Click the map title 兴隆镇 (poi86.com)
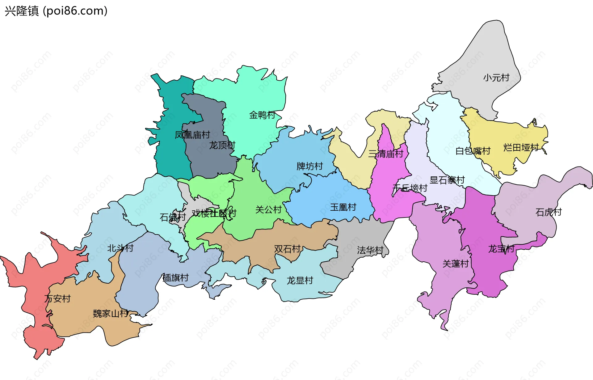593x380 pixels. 56,11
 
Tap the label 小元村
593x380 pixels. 496,78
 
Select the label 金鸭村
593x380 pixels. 262,115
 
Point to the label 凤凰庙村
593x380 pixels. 192,135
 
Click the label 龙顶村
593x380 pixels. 222,145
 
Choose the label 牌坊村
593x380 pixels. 309,166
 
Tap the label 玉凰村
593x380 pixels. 343,207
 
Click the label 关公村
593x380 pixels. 268,210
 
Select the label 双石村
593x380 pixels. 287,249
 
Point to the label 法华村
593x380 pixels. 370,250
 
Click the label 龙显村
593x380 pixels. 300,281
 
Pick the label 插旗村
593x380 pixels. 175,278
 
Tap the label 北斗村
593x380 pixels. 120,248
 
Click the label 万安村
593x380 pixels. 57,298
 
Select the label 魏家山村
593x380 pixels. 111,314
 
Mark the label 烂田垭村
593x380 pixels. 521,147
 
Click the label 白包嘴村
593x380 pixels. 473,151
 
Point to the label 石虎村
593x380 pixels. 548,212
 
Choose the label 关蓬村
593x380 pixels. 456,264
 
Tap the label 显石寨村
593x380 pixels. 447,180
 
